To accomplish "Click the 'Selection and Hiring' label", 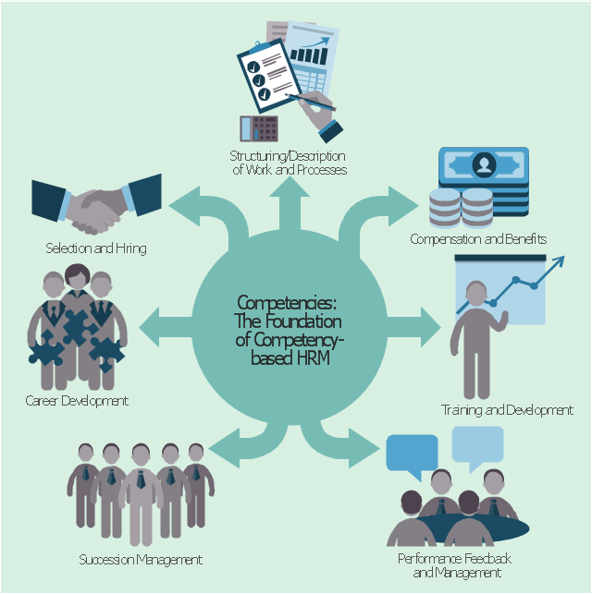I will tap(96, 249).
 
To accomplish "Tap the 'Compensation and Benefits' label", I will tap(479, 239).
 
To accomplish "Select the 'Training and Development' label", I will tap(507, 410).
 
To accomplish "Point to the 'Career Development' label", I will tap(77, 401).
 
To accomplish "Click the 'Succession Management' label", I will tap(141, 560).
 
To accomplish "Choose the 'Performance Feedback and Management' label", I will tap(454, 566).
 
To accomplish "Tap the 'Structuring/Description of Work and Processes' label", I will tap(288, 163).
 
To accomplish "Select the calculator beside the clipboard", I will tap(258, 128).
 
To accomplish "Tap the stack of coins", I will tap(462, 207).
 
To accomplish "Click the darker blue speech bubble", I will tap(413, 454).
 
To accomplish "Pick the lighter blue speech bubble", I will tap(477, 444).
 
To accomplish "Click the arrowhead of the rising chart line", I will tap(559, 263).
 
